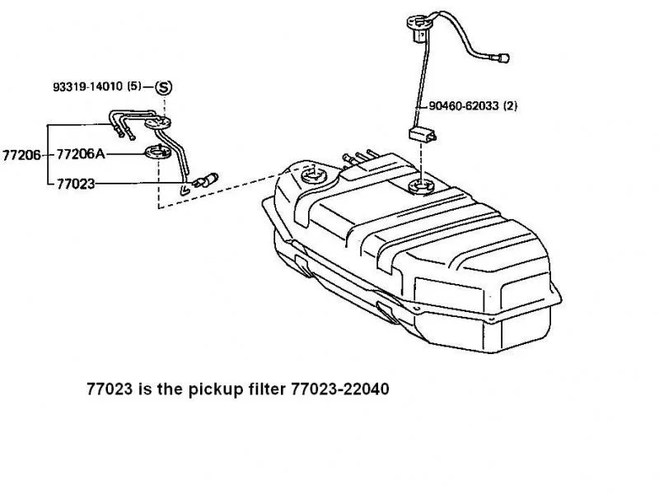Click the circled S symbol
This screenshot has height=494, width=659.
tap(164, 86)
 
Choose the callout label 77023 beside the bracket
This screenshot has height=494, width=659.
tap(76, 184)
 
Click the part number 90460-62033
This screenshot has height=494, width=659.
tap(465, 106)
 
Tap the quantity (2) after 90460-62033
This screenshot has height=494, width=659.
tap(510, 106)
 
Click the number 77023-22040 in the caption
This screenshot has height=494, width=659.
tap(339, 387)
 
